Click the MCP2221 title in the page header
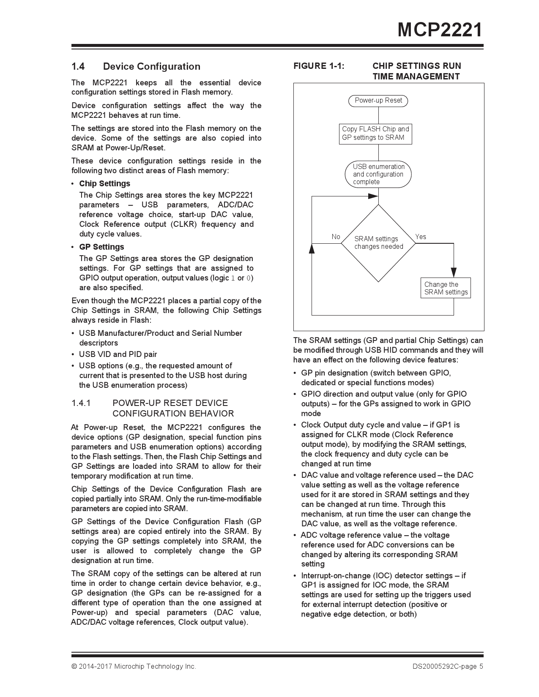[440, 30]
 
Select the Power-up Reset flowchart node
[378, 101]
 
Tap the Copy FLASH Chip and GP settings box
[375, 133]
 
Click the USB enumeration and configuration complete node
[378, 174]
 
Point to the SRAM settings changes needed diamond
[378, 243]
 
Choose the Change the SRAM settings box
[446, 288]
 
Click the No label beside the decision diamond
[336, 237]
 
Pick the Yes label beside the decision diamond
[421, 237]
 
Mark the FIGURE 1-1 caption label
[319, 66]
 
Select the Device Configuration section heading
[151, 66]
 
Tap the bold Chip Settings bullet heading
[104, 183]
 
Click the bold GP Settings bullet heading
[101, 247]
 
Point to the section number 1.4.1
[81, 403]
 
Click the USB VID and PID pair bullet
[118, 354]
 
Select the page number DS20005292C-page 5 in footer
[448, 666]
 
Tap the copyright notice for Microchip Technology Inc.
[134, 666]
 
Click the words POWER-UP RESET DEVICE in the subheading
[170, 403]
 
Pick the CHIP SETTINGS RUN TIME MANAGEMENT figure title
[416, 71]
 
